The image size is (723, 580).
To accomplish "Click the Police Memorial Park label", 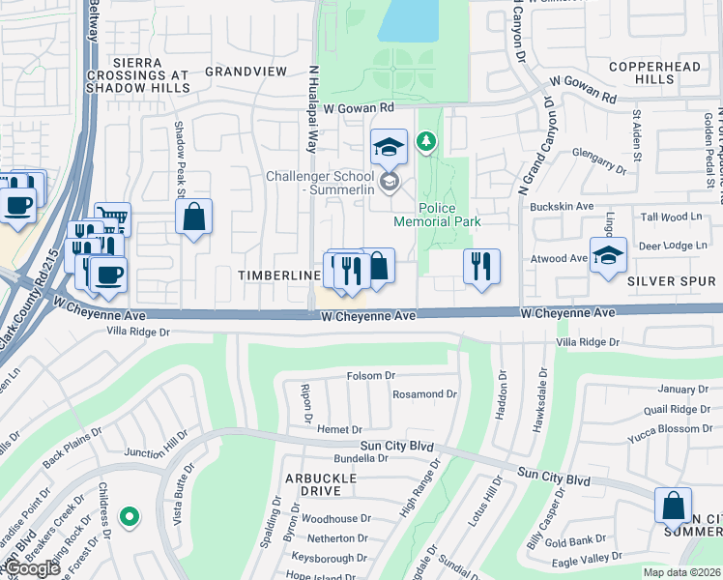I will coord(449,215).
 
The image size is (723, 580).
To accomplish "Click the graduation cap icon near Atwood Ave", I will coord(608,255).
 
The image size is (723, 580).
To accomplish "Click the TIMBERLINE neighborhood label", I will coord(279,276).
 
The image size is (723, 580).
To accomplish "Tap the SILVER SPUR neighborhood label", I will coord(673,280).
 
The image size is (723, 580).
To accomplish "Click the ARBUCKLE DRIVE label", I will coord(320,484).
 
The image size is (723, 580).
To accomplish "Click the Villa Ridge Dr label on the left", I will coord(137,331).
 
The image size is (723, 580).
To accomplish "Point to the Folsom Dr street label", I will coord(371,375).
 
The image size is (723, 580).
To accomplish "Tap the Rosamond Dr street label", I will coord(424,394).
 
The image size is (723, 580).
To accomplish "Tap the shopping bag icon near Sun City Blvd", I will coord(673,506).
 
